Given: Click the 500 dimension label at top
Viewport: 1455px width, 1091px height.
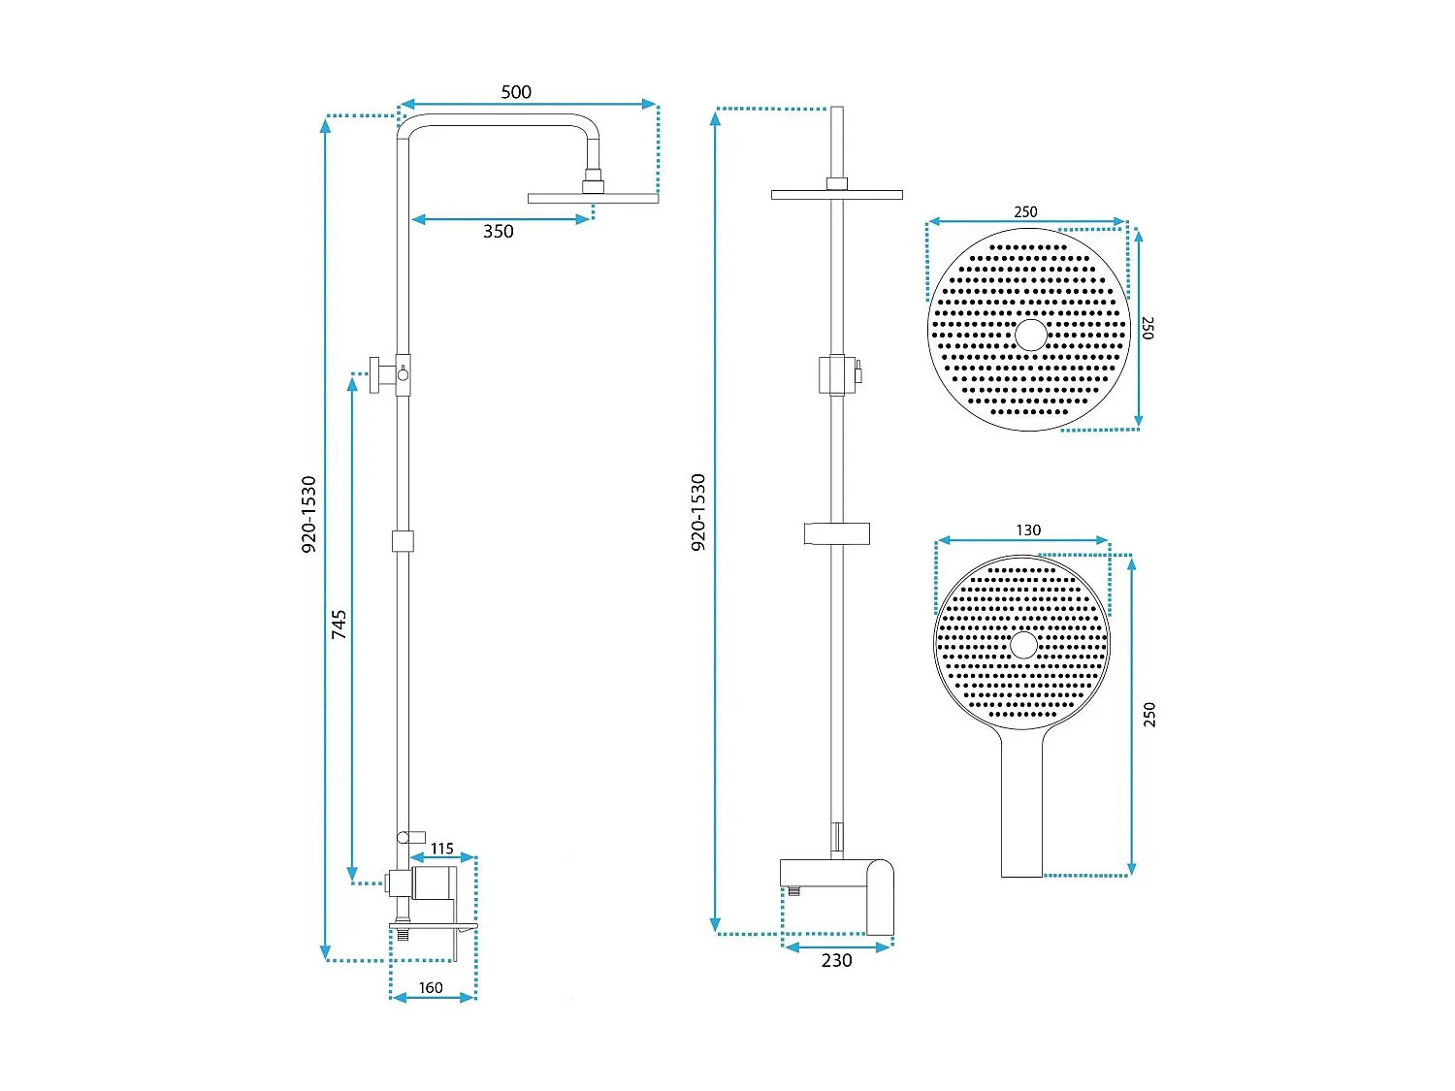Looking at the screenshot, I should (516, 92).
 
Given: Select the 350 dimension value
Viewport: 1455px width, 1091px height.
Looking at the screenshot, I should (499, 232).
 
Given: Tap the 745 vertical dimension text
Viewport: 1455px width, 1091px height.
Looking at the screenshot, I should (339, 624).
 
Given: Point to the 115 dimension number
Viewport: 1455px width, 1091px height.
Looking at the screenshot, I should (442, 849).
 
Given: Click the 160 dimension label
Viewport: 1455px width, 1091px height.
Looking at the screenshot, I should (431, 988).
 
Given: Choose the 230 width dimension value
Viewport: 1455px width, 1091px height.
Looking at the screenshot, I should (836, 961).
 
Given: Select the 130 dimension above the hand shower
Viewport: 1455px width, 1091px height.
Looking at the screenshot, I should (1028, 530).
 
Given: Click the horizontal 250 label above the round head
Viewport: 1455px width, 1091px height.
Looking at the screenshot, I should (1025, 212).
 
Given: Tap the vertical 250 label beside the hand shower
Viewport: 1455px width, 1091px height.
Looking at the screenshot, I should (1149, 715).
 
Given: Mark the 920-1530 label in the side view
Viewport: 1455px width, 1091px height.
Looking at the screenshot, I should (309, 514).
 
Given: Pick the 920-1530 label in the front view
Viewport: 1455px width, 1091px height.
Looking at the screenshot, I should (698, 513).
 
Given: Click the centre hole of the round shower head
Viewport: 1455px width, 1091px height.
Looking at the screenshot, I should (1030, 335).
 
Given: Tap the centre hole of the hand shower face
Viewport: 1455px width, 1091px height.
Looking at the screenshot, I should (1023, 644).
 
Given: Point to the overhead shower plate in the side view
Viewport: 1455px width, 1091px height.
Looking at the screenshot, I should (593, 198).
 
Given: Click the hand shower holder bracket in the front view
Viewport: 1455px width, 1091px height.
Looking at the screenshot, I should (836, 533).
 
